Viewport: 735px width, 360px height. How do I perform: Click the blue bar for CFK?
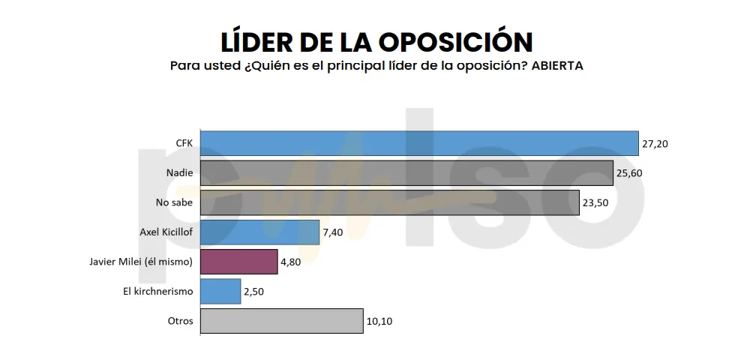(x=419, y=143)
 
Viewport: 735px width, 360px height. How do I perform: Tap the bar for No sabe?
(x=390, y=202)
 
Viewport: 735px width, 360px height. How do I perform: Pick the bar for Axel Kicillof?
(x=259, y=232)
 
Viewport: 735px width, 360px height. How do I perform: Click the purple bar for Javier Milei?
(x=238, y=262)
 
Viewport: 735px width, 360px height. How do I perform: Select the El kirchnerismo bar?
(x=220, y=291)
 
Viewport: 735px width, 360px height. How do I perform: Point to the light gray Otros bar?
(x=281, y=321)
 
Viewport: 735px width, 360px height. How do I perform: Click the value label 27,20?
(x=654, y=143)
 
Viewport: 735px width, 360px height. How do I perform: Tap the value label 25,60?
(x=629, y=173)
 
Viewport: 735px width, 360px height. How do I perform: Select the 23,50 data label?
(x=595, y=202)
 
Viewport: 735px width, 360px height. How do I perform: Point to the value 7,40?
(x=333, y=232)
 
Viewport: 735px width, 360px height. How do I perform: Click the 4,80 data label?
(x=291, y=262)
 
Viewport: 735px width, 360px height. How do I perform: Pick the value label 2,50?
(x=254, y=291)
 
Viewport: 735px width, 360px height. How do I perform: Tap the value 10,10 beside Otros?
(x=379, y=321)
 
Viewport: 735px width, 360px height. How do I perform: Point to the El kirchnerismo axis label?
(x=158, y=291)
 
